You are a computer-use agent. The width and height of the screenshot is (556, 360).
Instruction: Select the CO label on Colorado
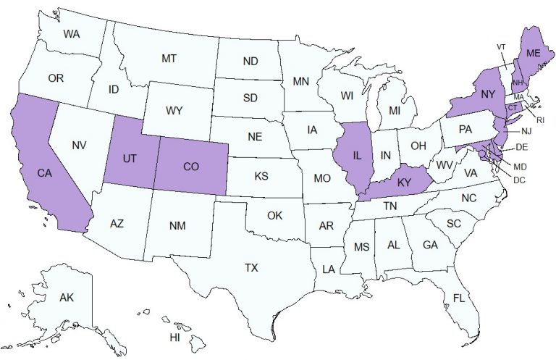pos(191,167)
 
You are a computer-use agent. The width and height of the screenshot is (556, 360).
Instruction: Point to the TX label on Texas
pos(251,267)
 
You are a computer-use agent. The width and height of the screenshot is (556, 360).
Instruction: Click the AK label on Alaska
pos(67,298)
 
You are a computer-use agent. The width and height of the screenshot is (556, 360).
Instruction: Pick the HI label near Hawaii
pos(175,338)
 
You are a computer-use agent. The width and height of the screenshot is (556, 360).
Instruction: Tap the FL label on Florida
pos(459,298)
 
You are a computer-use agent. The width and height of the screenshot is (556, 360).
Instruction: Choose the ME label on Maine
pos(534,53)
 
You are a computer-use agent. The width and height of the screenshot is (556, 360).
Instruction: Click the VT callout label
pos(501,47)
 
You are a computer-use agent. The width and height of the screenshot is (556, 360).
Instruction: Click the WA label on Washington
pos(71,34)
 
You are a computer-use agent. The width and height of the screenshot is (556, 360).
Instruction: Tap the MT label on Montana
pos(169,57)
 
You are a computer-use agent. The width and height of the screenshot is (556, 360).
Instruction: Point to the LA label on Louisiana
pos(329,269)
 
